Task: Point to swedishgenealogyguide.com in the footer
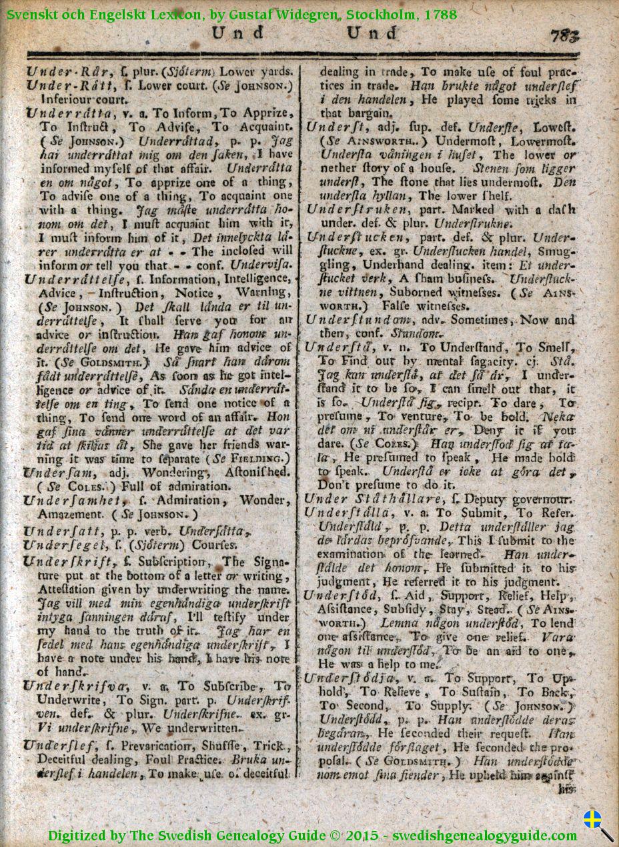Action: (484, 835)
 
